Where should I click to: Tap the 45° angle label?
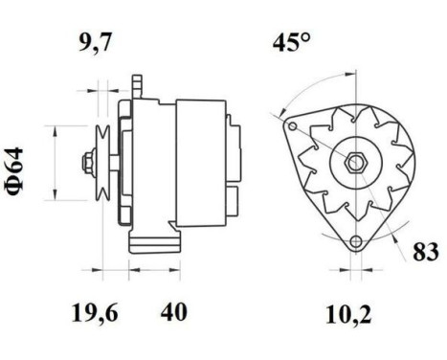(293, 43)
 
